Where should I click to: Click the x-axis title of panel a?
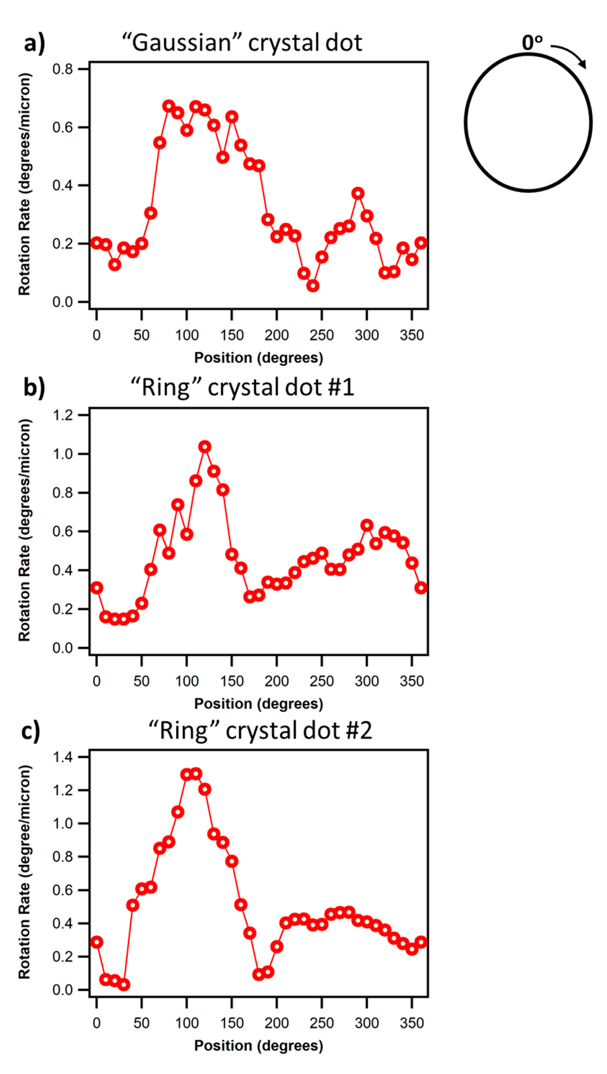(x=258, y=358)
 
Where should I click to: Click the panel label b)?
(x=34, y=388)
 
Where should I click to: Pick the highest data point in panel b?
(x=205, y=447)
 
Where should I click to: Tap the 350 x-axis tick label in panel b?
(x=412, y=681)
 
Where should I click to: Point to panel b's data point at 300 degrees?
(x=367, y=525)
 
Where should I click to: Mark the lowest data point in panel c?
(x=124, y=985)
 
